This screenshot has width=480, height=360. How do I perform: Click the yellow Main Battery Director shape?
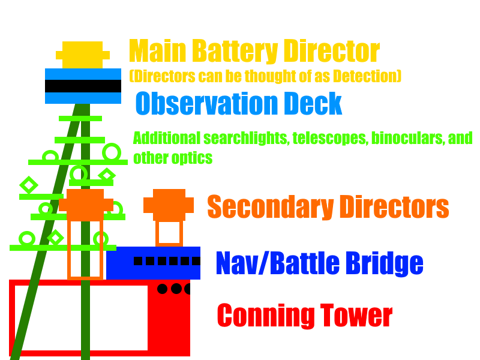(82, 55)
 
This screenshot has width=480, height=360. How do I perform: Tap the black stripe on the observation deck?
(83, 86)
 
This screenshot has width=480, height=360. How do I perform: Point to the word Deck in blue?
(314, 104)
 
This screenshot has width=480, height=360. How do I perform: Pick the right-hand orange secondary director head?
(169, 205)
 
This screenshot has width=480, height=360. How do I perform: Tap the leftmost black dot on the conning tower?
(162, 289)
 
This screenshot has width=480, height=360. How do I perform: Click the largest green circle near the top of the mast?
(112, 152)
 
